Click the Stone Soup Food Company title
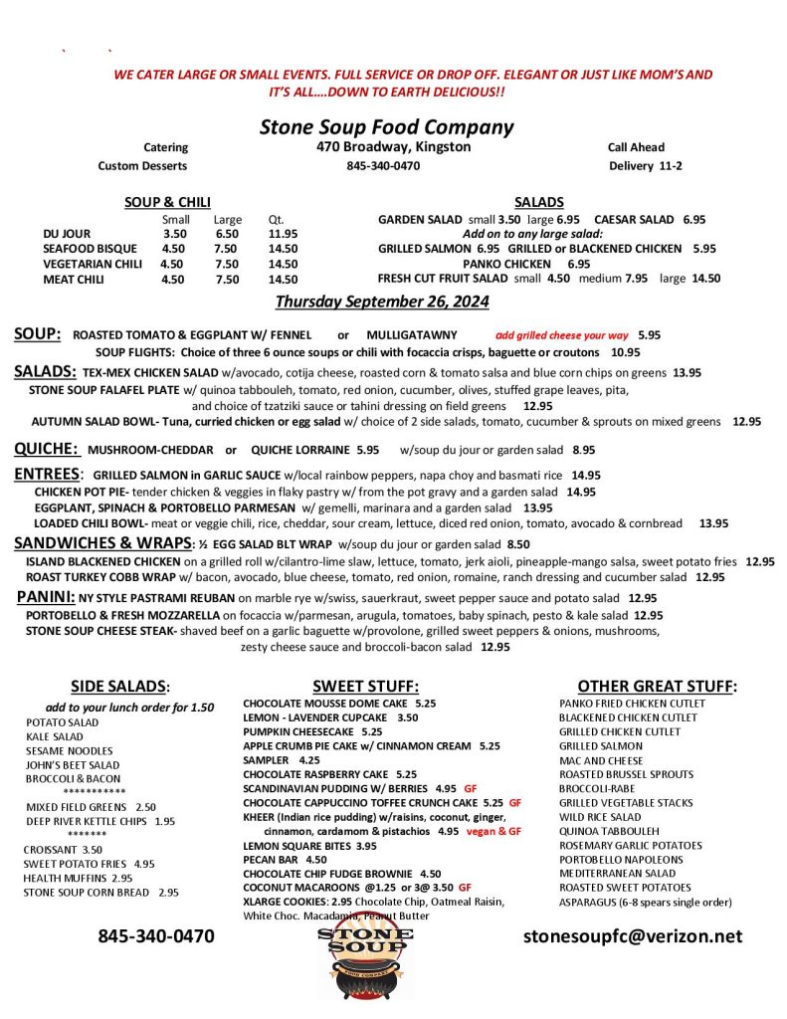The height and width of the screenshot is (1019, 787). click(386, 126)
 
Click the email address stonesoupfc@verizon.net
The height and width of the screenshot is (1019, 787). click(633, 936)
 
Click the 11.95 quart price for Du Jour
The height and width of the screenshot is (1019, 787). click(283, 234)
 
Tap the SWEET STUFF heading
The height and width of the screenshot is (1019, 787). click(365, 686)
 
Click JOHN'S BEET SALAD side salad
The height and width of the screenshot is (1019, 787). click(73, 764)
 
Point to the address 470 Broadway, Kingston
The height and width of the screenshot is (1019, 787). click(387, 147)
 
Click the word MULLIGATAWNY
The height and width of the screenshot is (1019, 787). click(409, 335)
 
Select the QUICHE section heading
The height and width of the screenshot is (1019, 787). click(45, 449)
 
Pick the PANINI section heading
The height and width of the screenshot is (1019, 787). click(46, 597)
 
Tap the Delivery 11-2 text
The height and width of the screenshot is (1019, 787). click(645, 166)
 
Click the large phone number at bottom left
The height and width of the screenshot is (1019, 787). click(155, 936)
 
